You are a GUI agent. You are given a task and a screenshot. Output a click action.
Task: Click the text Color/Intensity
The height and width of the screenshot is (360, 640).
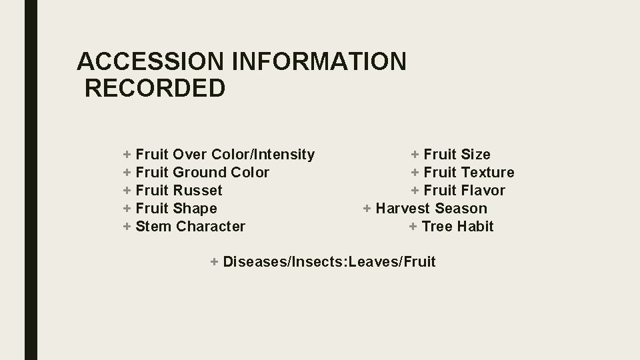tap(263, 155)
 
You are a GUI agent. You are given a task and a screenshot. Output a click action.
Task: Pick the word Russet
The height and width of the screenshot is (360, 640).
tap(197, 191)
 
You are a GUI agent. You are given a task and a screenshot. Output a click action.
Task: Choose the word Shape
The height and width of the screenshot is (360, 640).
tap(195, 209)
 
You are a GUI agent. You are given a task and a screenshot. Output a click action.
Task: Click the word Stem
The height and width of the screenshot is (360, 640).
tap(153, 227)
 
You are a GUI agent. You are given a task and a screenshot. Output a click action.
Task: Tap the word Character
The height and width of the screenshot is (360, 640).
tap(211, 227)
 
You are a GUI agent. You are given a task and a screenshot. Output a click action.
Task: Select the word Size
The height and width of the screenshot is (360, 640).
tap(475, 155)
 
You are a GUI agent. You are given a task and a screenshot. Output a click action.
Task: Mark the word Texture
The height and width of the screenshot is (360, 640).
tap(488, 173)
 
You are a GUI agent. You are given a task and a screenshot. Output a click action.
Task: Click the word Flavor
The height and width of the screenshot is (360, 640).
tap(483, 191)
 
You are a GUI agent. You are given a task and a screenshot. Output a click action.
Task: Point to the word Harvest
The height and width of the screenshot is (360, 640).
tap(403, 209)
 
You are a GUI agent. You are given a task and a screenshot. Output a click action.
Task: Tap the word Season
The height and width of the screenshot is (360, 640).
tap(461, 209)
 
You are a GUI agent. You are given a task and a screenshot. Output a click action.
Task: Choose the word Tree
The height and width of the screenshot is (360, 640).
tap(437, 227)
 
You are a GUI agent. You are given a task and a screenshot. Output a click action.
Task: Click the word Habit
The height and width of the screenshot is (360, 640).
tap(475, 227)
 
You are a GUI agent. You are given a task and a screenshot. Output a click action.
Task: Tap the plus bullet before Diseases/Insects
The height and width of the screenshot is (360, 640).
tap(214, 261)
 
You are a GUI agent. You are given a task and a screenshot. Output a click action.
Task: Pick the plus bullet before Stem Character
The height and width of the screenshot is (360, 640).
tap(127, 227)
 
